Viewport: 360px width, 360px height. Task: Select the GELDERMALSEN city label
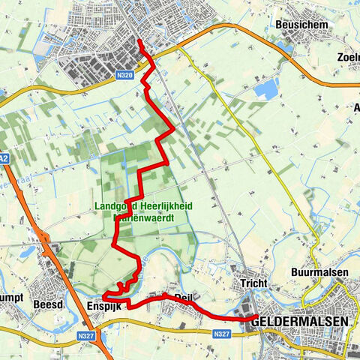point(301,321)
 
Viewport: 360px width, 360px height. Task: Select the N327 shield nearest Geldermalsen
point(220,334)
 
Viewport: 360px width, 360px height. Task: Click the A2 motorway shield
point(4,159)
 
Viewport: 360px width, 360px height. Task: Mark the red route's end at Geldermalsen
point(247,319)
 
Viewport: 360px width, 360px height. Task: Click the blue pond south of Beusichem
point(265,89)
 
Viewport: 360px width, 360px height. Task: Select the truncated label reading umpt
point(9,306)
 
